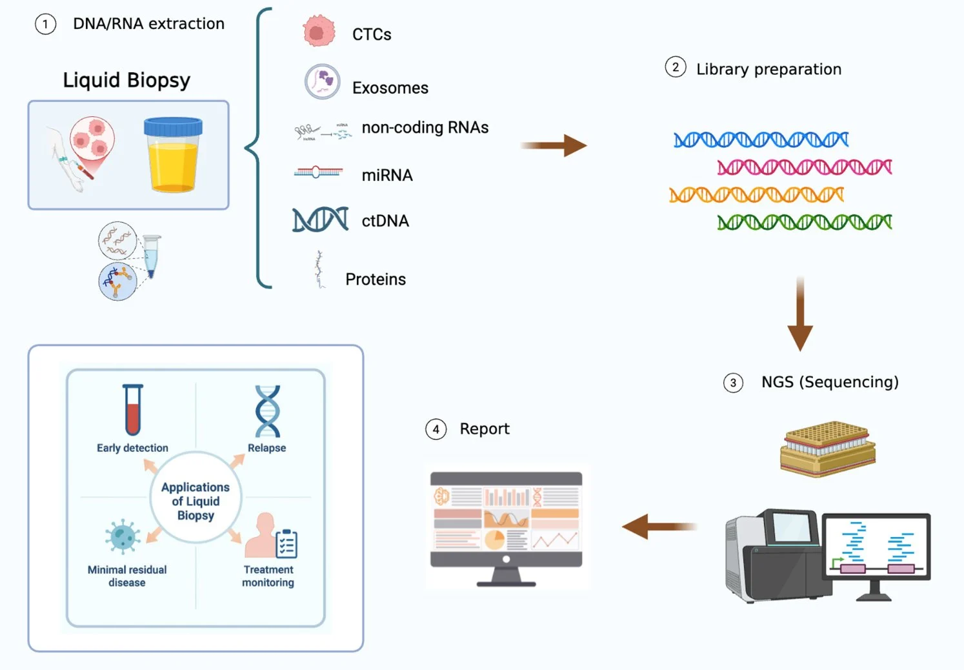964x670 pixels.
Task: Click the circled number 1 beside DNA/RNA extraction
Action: (x=45, y=25)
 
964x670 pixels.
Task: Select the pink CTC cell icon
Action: (x=319, y=31)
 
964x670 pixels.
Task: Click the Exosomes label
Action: (x=390, y=88)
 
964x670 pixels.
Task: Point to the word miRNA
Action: (x=387, y=175)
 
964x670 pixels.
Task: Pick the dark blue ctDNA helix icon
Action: (x=320, y=220)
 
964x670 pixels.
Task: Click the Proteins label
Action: (x=376, y=279)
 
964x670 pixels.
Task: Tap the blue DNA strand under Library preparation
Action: (x=761, y=139)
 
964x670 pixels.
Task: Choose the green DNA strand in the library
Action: (x=804, y=223)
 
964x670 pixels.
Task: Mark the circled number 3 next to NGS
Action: (x=733, y=383)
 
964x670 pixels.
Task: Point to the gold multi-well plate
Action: (x=827, y=447)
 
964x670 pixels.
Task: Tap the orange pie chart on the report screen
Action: (x=494, y=540)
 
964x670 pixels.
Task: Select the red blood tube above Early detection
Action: (x=133, y=410)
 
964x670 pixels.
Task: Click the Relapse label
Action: (x=266, y=448)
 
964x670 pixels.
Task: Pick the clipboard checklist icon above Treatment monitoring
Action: (x=286, y=543)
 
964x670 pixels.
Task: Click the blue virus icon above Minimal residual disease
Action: (x=123, y=536)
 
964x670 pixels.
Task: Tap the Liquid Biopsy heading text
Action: (x=126, y=80)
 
